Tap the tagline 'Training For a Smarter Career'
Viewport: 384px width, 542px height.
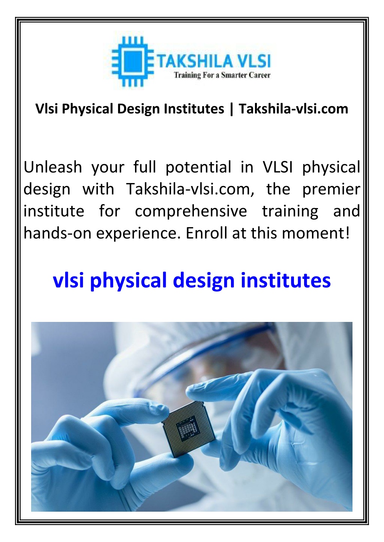222,75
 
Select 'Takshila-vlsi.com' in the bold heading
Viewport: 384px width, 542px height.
293,109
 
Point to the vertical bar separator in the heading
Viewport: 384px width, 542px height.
231,109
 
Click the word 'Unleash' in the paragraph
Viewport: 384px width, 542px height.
52,167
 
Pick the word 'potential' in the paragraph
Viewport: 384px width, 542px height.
198,167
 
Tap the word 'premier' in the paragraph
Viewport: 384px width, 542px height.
331,189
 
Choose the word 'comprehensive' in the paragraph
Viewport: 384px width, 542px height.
191,211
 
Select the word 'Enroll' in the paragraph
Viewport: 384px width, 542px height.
207,233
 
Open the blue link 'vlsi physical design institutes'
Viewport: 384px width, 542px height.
192,280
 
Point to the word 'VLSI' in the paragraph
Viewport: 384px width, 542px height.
277,167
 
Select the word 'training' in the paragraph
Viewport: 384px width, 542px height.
290,211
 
